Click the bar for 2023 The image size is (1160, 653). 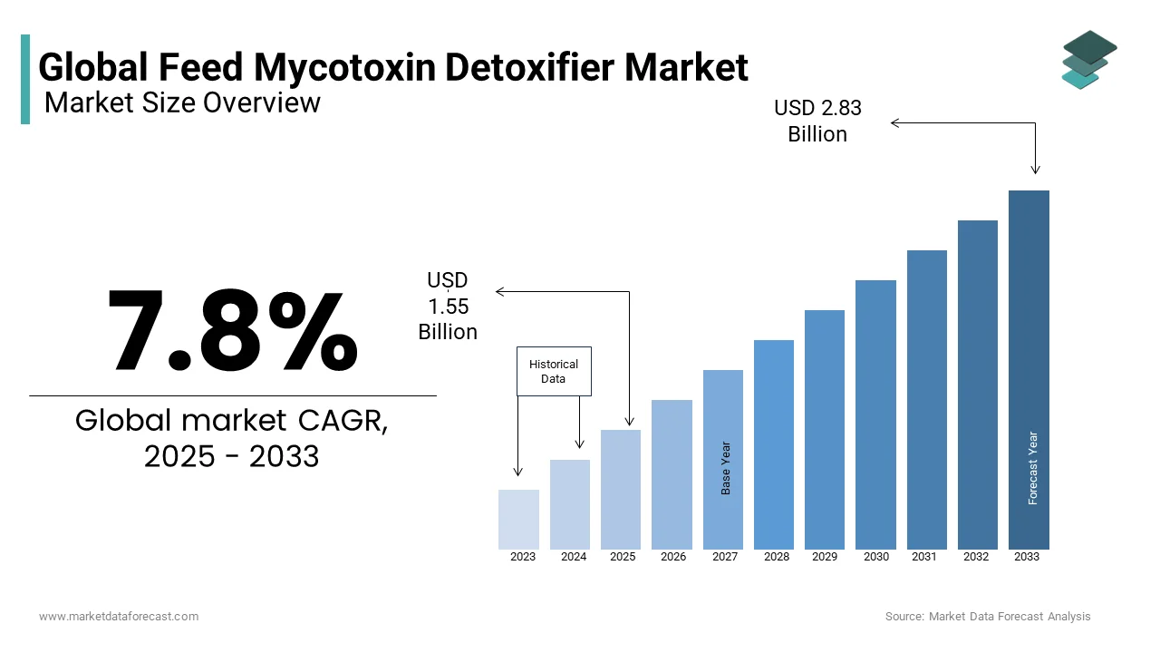pos(518,520)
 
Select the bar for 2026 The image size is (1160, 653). pos(672,474)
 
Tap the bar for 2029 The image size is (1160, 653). pos(825,429)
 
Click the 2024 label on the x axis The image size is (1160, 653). pos(574,557)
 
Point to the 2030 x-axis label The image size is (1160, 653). pos(875,557)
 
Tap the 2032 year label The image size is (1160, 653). pos(977,557)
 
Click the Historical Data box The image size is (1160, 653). pos(554,371)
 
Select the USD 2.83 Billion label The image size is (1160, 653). pos(817,122)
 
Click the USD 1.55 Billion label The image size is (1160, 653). pos(448,307)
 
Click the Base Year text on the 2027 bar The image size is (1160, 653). pos(725,468)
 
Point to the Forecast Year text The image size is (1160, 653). pos(1033,468)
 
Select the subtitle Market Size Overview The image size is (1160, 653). pos(182,102)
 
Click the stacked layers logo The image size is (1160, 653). pos(1089,60)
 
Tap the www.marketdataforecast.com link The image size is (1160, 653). pos(119,617)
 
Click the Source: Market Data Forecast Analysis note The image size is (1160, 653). pos(988,617)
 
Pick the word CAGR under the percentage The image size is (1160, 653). pos(343,421)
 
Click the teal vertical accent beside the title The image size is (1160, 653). pos(25,79)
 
